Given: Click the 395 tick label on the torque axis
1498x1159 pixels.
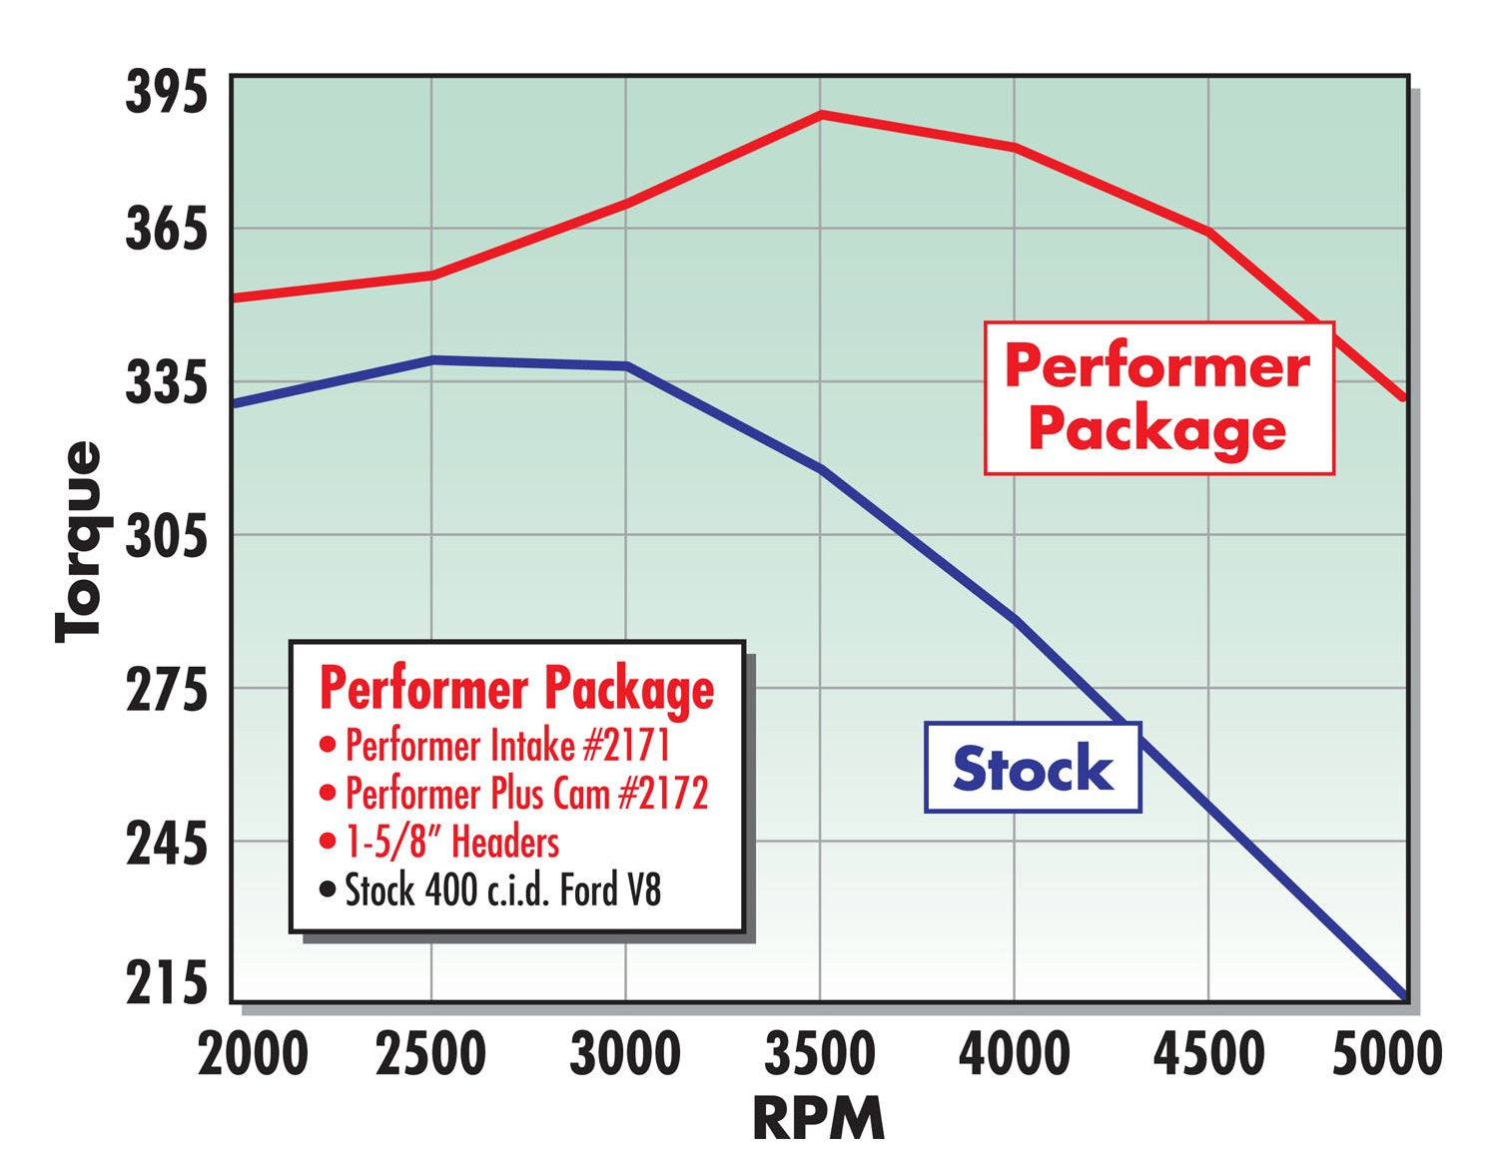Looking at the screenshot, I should [x=166, y=93].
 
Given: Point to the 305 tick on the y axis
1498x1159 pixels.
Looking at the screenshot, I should [x=166, y=538].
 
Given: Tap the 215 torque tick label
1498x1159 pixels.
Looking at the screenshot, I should [x=166, y=984].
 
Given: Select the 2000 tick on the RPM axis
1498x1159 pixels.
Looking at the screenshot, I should [x=253, y=1054].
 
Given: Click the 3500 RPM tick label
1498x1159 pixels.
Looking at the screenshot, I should [x=820, y=1054].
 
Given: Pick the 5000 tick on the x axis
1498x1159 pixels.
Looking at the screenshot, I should [x=1387, y=1054].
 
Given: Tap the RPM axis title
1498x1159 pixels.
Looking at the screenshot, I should [x=818, y=1118].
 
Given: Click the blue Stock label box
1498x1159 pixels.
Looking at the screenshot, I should [x=1033, y=768].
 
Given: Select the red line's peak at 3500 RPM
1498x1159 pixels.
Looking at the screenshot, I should [x=821, y=115].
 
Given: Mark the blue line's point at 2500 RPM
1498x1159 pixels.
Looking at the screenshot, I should [x=431, y=359].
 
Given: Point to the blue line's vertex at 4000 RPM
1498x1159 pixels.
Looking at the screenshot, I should [x=1015, y=620].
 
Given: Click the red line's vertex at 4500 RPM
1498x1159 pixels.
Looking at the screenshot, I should [x=1209, y=233].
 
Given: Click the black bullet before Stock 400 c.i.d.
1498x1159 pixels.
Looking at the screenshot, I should [x=328, y=889].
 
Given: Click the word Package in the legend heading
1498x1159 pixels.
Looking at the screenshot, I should [x=629, y=689].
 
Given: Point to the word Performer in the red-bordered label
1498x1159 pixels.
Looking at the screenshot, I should [x=1156, y=367].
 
